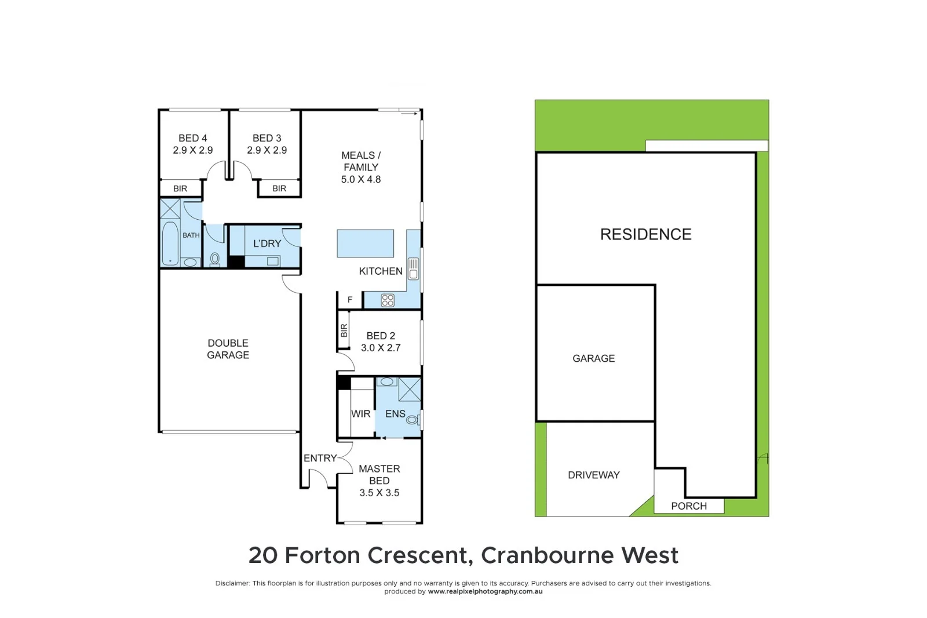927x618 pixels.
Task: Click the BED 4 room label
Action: click(x=192, y=138)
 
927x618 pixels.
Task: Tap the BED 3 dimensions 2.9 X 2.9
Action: click(x=267, y=150)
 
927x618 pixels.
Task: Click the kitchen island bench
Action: click(x=365, y=243)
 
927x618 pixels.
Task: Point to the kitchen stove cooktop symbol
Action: click(x=388, y=300)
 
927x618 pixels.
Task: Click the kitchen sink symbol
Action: click(x=413, y=269)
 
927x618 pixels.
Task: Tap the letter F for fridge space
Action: click(x=350, y=300)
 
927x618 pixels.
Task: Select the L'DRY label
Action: click(x=267, y=243)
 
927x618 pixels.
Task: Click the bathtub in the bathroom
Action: click(x=170, y=243)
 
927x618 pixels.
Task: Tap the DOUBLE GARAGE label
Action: click(x=228, y=349)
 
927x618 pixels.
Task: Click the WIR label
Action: click(x=360, y=414)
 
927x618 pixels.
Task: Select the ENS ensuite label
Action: click(x=395, y=414)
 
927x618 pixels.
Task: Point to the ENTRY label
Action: click(x=320, y=458)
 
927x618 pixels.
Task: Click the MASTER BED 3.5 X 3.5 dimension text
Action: click(x=379, y=493)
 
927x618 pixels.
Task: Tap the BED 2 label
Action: click(x=381, y=336)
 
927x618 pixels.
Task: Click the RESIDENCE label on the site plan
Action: click(x=645, y=234)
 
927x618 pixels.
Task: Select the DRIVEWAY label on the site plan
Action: click(x=593, y=475)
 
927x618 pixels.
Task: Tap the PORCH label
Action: click(x=688, y=506)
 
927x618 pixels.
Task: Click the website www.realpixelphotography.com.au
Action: click(x=485, y=591)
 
